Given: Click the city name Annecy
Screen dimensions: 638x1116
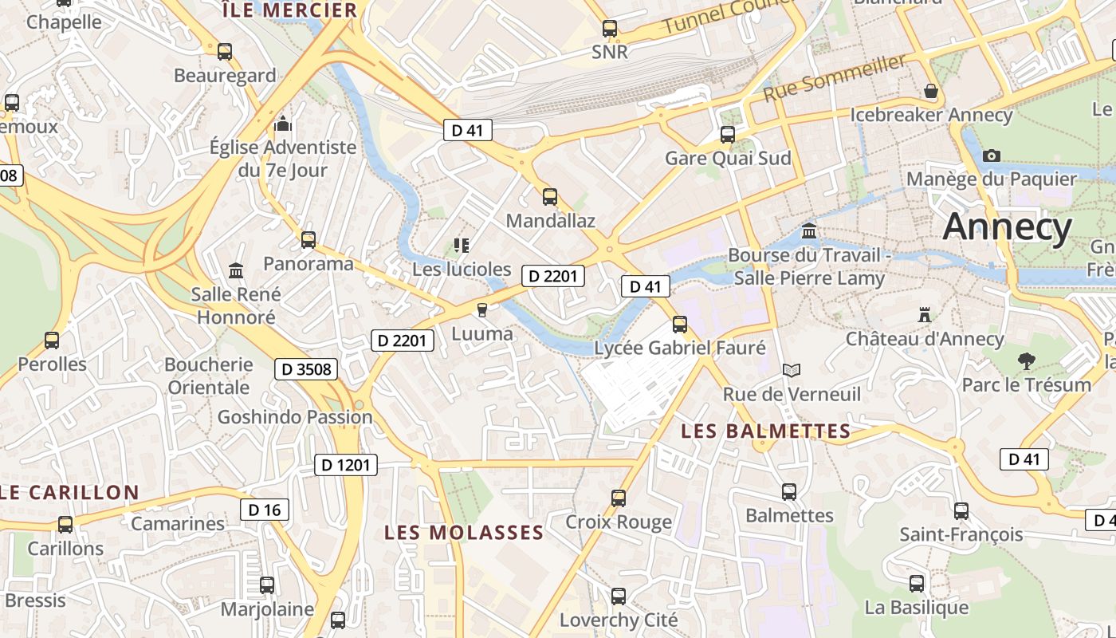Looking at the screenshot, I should [1008, 227].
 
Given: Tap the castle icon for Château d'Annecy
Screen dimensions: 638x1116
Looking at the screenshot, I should [925, 315].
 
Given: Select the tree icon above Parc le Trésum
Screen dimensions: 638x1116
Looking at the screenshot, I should [1027, 361].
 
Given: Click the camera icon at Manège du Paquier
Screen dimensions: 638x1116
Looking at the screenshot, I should [992, 156].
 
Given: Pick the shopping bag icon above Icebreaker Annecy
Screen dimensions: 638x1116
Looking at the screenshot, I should [930, 91].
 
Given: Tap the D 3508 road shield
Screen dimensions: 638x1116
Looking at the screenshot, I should [306, 369].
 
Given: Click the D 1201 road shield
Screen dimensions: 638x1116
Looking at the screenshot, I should [345, 464].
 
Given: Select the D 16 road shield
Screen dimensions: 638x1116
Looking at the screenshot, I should [264, 510].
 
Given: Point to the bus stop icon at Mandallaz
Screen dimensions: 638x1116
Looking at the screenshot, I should [549, 197].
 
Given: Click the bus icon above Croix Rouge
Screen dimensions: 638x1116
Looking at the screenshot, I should [618, 498].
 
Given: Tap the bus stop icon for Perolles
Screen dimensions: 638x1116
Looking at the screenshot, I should [52, 341].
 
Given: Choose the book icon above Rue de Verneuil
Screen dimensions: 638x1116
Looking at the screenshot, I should [791, 370].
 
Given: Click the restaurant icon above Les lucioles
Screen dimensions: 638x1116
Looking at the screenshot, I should [462, 245].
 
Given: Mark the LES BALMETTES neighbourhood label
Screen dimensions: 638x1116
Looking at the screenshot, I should [765, 431].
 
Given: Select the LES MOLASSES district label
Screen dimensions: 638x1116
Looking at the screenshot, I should [464, 532].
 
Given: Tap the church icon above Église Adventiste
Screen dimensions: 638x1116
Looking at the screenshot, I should [283, 124].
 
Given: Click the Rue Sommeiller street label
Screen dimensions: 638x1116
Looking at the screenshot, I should [835, 77].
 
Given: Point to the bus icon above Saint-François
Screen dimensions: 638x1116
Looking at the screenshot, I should [961, 510].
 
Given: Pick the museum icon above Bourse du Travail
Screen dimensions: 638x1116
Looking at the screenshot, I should [809, 231].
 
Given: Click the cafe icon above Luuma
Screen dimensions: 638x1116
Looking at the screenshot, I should [481, 309].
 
